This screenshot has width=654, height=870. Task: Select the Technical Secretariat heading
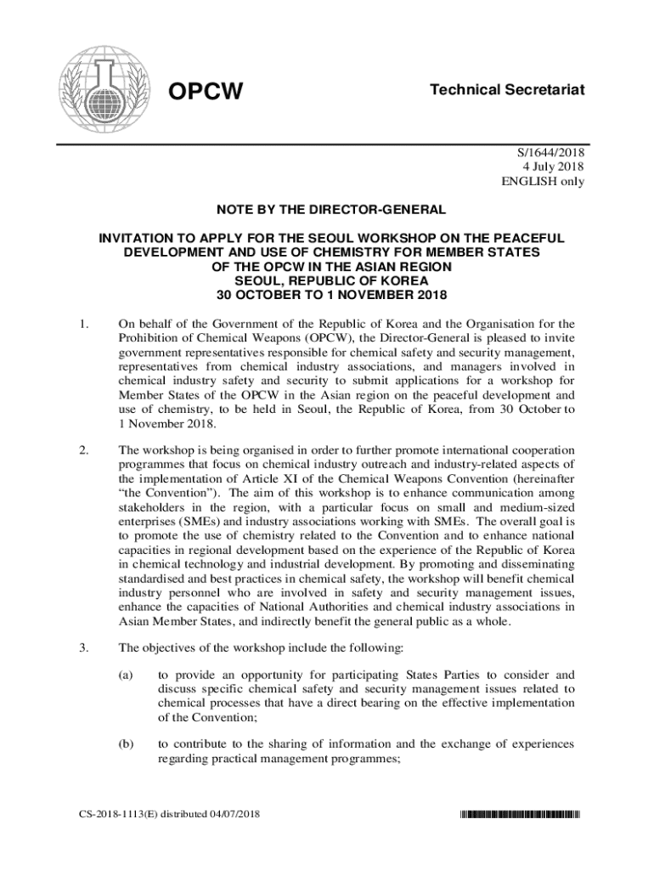click(x=507, y=89)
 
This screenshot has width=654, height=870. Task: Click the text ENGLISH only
click(x=544, y=181)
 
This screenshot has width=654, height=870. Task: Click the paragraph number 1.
click(x=83, y=323)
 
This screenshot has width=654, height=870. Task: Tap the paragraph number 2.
click(x=83, y=449)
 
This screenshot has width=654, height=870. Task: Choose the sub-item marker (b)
click(x=126, y=744)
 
